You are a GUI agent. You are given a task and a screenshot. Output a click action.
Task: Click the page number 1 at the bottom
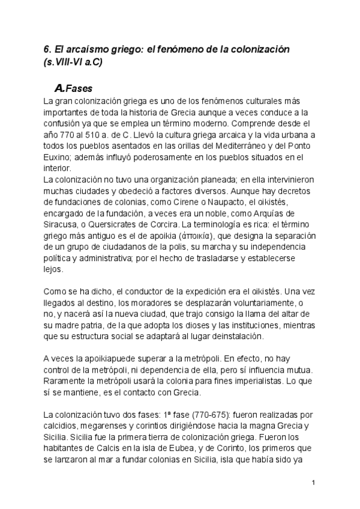[x=314, y=484]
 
